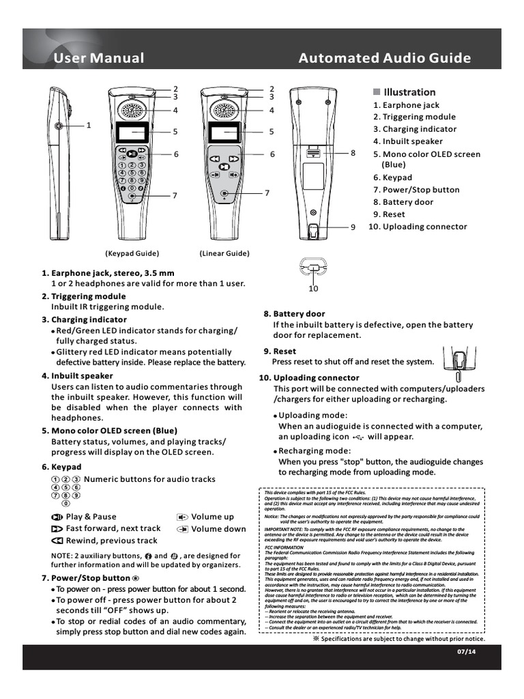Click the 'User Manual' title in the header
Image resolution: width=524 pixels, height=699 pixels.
coord(99,58)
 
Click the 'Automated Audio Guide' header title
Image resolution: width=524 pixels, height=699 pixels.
coord(385,58)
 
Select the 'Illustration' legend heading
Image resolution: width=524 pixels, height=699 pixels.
coord(409,92)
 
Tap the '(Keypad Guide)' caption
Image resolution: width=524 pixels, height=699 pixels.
coord(132,253)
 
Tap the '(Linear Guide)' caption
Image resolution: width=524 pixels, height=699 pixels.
coord(224,253)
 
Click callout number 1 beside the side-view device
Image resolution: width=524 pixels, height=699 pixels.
coord(88,126)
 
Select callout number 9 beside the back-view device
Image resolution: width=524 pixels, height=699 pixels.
coord(353,227)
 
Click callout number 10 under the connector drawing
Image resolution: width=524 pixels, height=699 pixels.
coord(313,289)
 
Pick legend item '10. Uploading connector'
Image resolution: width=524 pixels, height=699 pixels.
coord(418,227)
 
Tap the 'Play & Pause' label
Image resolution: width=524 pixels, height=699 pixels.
coord(91,517)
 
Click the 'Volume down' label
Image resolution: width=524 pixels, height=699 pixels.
coord(218,528)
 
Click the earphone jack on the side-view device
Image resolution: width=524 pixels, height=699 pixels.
coord(59,126)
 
